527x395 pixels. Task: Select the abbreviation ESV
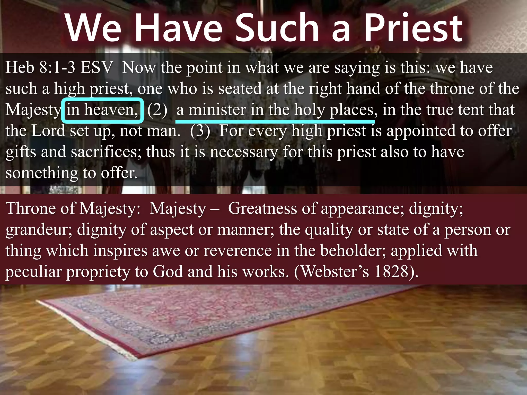point(96,67)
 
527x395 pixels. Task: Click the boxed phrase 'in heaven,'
point(102,110)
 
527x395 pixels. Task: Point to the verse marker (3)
point(200,131)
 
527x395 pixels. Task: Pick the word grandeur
point(39,230)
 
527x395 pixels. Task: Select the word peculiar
point(33,272)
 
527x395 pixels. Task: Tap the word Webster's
point(335,272)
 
